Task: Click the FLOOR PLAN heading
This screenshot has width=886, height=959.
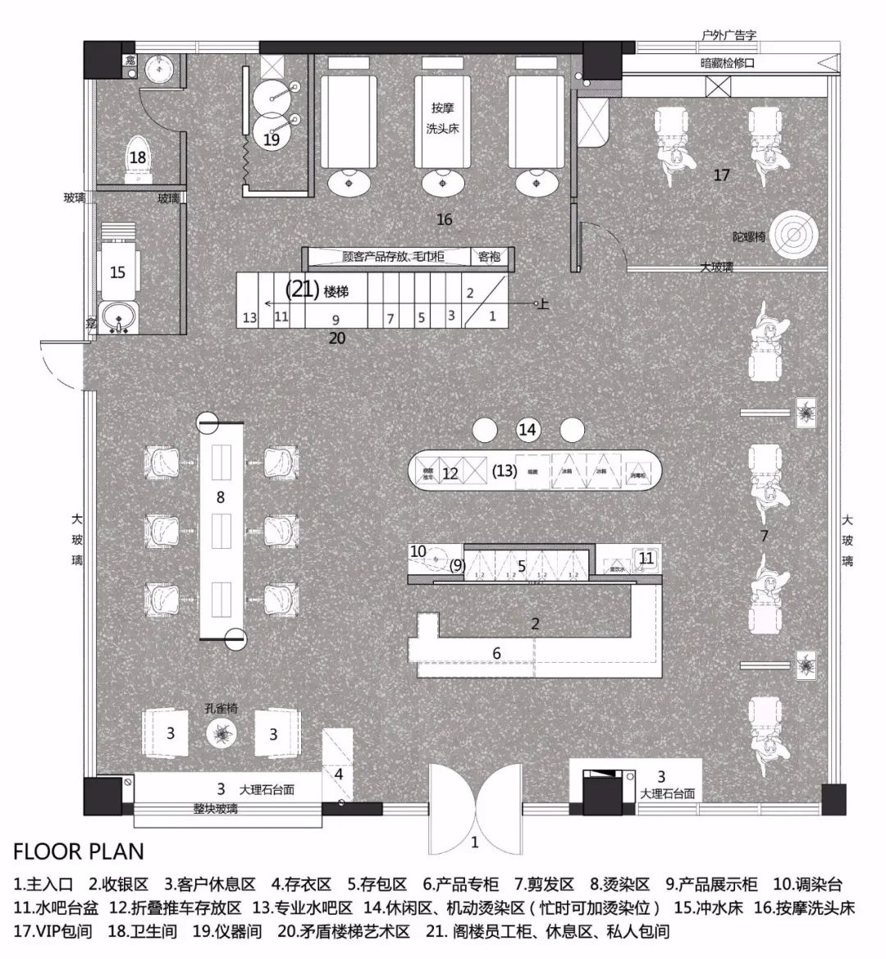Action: click(x=79, y=851)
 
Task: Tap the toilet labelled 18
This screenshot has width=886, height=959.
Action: click(x=137, y=160)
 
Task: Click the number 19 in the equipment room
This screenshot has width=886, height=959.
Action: click(x=272, y=139)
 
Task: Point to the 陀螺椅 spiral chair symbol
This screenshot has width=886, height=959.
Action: click(x=793, y=236)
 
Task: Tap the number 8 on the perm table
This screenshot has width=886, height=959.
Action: click(x=220, y=496)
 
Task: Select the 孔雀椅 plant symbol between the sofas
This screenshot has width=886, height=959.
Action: click(x=222, y=733)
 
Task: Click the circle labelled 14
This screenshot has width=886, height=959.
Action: click(x=527, y=429)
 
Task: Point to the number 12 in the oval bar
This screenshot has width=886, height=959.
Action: click(x=450, y=473)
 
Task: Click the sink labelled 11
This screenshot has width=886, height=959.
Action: click(x=646, y=559)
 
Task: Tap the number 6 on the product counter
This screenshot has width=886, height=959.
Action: click(x=496, y=653)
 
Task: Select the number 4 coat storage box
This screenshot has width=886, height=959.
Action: click(x=338, y=773)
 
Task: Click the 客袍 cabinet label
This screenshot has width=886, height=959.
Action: click(x=489, y=258)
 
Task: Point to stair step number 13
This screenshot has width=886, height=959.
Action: click(x=249, y=317)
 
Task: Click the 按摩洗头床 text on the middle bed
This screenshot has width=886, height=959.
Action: click(x=442, y=119)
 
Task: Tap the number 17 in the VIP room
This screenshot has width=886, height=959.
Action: click(x=722, y=175)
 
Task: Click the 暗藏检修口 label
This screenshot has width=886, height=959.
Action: click(x=727, y=63)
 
